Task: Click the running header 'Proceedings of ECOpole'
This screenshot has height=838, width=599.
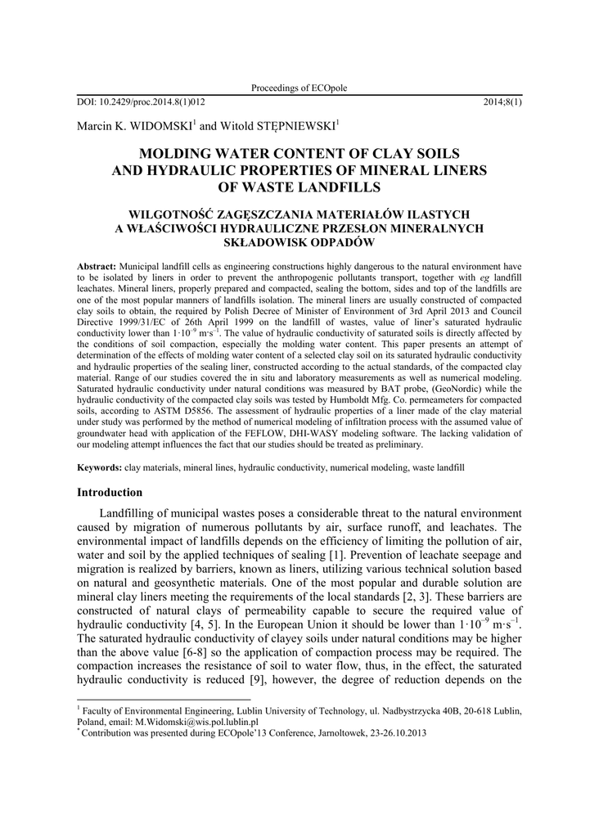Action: coord(299,88)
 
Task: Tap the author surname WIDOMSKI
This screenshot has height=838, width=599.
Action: coord(160,126)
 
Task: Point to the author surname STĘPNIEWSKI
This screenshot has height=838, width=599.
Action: coord(295,126)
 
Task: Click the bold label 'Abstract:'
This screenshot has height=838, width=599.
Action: coord(97,268)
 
